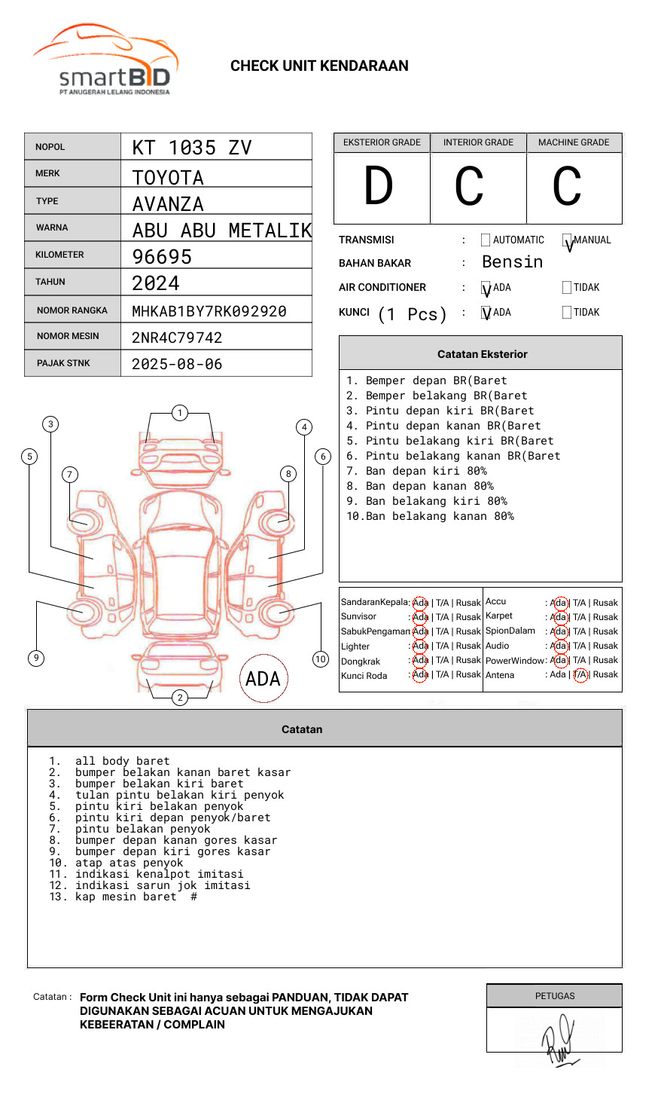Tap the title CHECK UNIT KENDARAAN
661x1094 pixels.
tap(319, 66)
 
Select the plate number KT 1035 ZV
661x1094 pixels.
tap(192, 148)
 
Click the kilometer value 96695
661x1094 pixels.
tap(162, 257)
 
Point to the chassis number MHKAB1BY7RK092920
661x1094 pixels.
tap(209, 311)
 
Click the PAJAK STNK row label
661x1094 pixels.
tap(63, 363)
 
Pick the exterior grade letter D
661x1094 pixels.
tap(379, 187)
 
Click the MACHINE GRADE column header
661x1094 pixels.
tap(574, 142)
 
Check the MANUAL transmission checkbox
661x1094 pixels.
tap(567, 240)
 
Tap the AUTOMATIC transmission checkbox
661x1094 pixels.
tap(486, 240)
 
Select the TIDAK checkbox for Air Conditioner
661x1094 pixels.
tap(567, 287)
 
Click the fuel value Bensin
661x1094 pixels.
tap(512, 262)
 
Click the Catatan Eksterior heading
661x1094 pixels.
tap(482, 354)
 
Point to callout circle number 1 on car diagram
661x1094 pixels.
tap(179, 413)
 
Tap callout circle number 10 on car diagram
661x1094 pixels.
tap(321, 659)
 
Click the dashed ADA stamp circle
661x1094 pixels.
tap(263, 679)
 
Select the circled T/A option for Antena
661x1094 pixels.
tap(580, 675)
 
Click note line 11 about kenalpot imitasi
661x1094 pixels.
tap(159, 874)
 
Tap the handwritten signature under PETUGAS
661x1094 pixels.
tap(559, 1040)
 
